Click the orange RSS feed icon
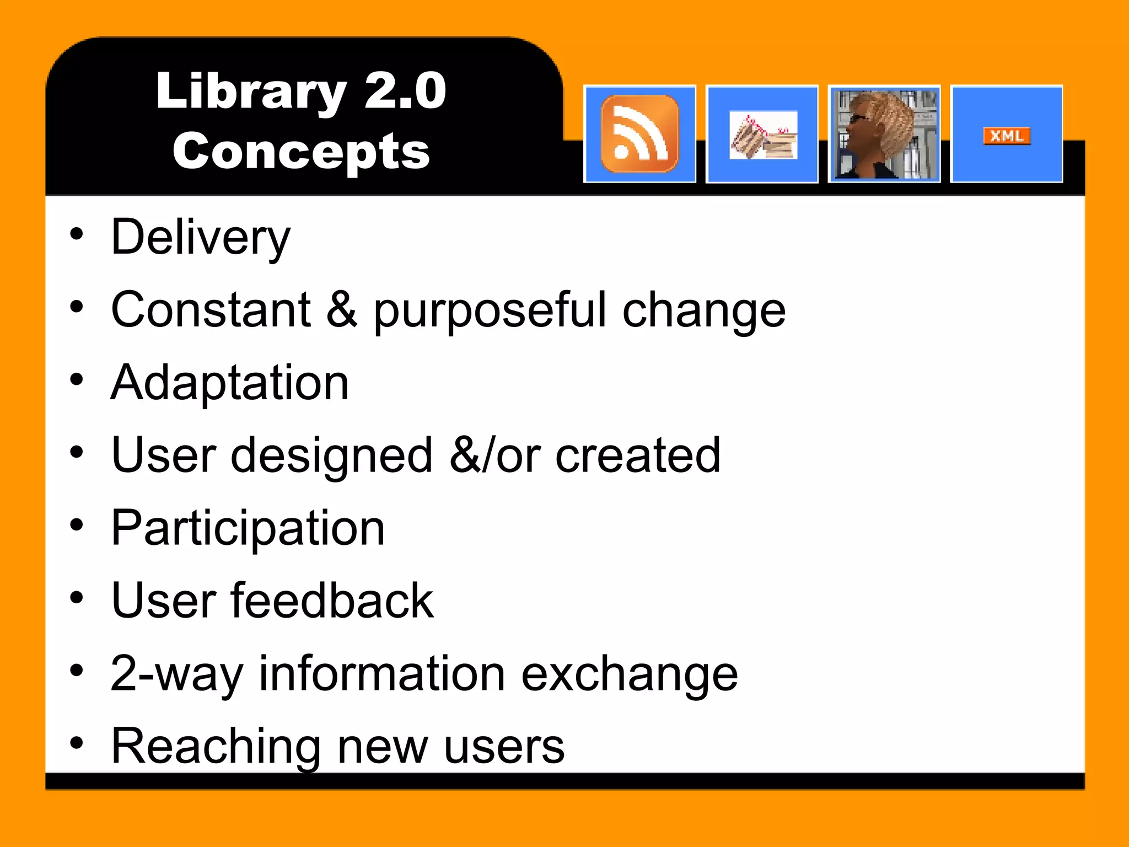point(639,134)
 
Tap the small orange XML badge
point(1007,136)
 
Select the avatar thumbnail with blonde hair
point(884,134)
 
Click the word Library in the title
point(251,92)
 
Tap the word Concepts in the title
point(301,152)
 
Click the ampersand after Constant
point(342,310)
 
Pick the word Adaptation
point(230,383)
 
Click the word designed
point(331,457)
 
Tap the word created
point(638,455)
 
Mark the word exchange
point(629,674)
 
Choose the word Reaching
point(216,747)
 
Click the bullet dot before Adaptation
point(77,379)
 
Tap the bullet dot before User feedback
point(77,598)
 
